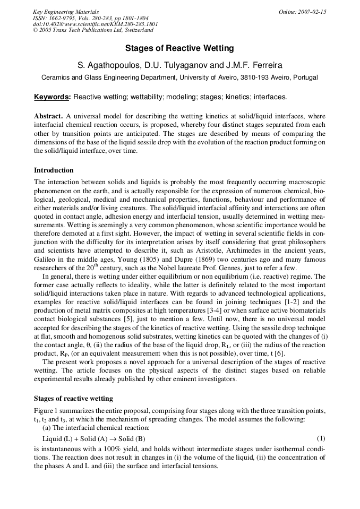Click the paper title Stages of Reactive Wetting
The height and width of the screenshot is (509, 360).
179,48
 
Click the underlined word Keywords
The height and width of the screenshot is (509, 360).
52,97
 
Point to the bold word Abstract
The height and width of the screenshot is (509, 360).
48,116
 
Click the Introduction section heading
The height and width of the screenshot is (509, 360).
54,170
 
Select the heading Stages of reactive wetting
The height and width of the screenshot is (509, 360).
73,398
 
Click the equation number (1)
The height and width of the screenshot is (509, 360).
321,438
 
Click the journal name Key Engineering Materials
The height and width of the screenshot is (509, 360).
66,12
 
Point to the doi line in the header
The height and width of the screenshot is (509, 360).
88,24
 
